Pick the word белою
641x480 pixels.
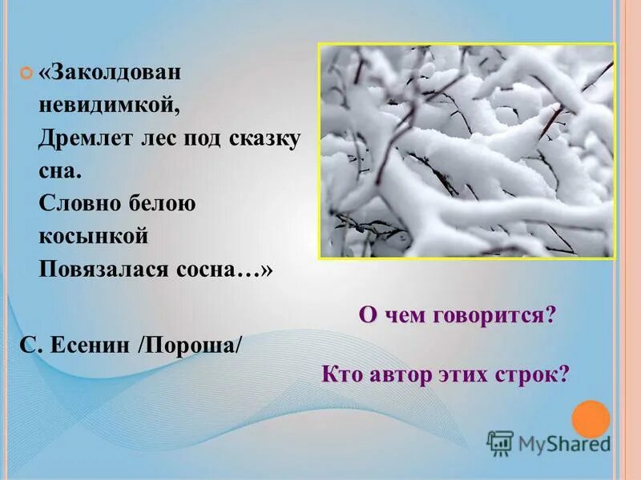[160, 203]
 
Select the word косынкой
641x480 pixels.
[94, 236]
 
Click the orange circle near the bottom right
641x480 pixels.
[591, 418]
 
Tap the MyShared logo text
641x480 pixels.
[563, 443]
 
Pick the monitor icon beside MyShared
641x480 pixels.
[500, 443]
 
